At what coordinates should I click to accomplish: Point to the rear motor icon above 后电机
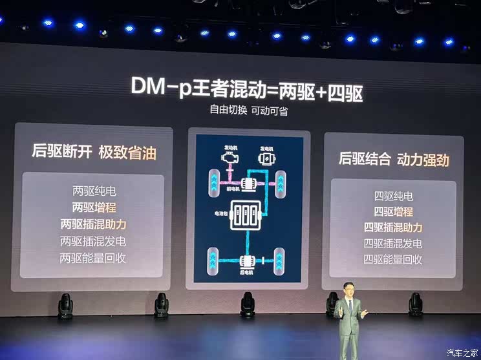point(248,261)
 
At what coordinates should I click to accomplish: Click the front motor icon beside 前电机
point(249,184)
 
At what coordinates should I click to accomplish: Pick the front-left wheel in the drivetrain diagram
point(213,183)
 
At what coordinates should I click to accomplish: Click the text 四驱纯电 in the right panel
point(393,196)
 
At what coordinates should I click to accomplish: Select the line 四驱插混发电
point(393,244)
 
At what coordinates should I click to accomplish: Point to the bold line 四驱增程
point(393,211)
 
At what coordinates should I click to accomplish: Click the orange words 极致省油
point(127,153)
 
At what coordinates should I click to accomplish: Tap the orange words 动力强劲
point(423,159)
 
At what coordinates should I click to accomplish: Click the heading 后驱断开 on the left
point(61,153)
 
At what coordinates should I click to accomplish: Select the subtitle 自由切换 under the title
point(225,110)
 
